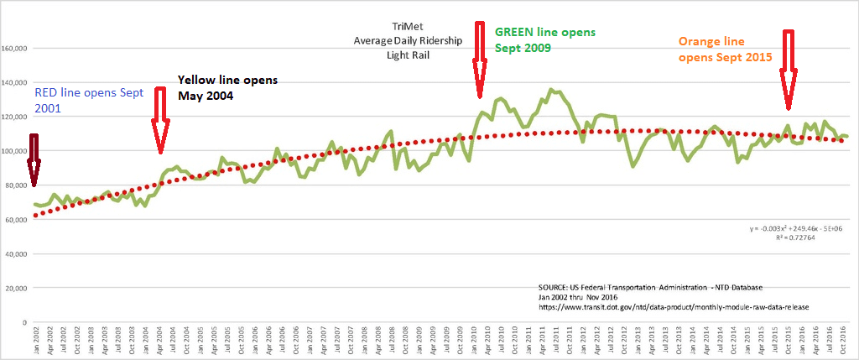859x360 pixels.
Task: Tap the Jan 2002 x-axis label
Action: click(35, 340)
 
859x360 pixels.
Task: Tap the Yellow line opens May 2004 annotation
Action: click(226, 87)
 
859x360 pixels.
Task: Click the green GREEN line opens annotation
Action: click(544, 39)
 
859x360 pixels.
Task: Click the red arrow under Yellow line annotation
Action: click(160, 123)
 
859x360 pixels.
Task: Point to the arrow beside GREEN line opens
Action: click(480, 59)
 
